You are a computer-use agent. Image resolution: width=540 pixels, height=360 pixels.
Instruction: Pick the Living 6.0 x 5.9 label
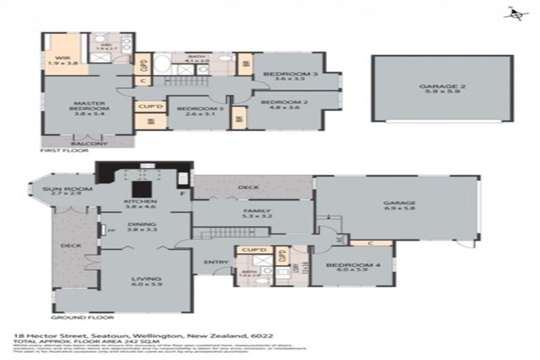click(x=146, y=283)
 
